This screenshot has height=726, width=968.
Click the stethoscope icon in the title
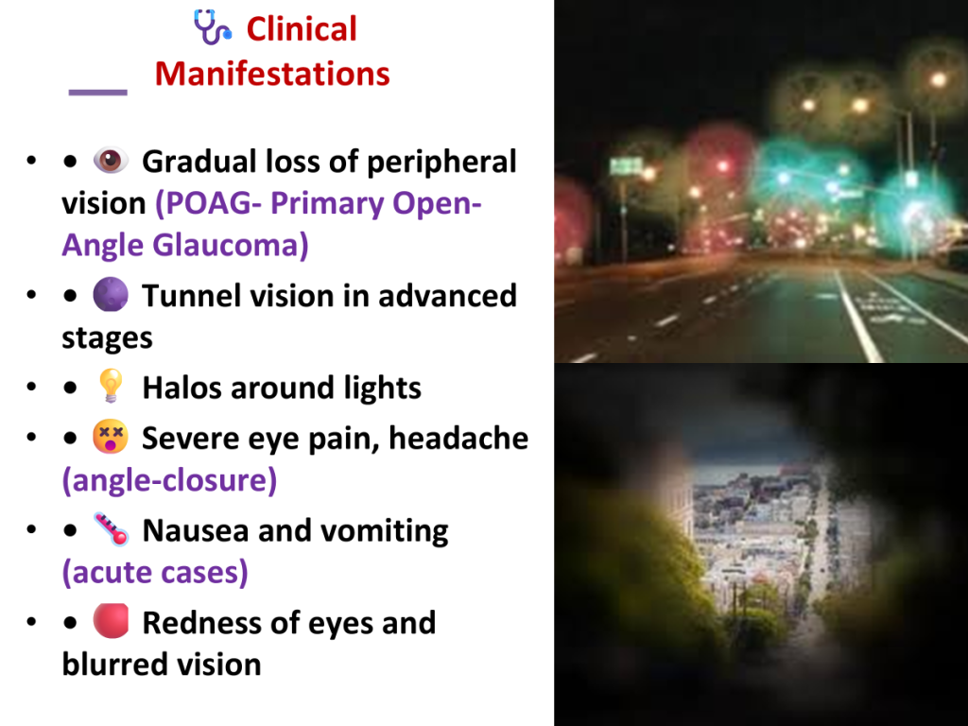[x=213, y=27]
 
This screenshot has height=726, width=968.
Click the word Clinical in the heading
[x=302, y=29]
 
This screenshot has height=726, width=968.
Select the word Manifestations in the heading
[x=272, y=74]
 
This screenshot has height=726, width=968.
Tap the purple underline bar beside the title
[x=97, y=93]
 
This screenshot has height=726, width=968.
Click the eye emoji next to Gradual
[x=111, y=161]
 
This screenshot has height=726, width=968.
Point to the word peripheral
[x=441, y=163]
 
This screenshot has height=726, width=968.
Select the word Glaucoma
[x=231, y=245]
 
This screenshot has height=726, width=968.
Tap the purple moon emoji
[x=111, y=295]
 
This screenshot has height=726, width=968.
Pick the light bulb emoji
[x=112, y=386]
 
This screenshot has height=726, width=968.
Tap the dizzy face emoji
[x=111, y=437]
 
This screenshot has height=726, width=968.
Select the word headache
[x=458, y=439]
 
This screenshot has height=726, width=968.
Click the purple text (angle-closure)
[x=169, y=480]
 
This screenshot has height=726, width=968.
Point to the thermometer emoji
[x=112, y=529]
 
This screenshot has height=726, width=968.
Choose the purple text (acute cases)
[x=155, y=572]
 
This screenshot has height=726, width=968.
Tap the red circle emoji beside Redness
[x=112, y=620]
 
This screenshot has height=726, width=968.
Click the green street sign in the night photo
[x=626, y=166]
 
